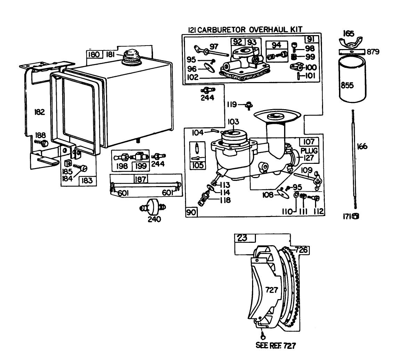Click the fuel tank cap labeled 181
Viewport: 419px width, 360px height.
click(x=131, y=56)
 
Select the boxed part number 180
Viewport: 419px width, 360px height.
click(x=94, y=55)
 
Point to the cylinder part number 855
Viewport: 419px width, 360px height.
click(x=347, y=86)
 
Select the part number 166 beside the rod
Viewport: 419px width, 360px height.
click(x=362, y=146)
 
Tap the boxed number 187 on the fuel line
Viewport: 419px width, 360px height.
click(x=140, y=179)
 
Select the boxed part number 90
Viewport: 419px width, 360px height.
click(x=191, y=212)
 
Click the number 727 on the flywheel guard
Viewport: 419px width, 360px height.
click(x=272, y=289)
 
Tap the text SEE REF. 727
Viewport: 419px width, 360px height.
click(x=276, y=346)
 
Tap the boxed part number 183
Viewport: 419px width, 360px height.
click(x=87, y=181)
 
